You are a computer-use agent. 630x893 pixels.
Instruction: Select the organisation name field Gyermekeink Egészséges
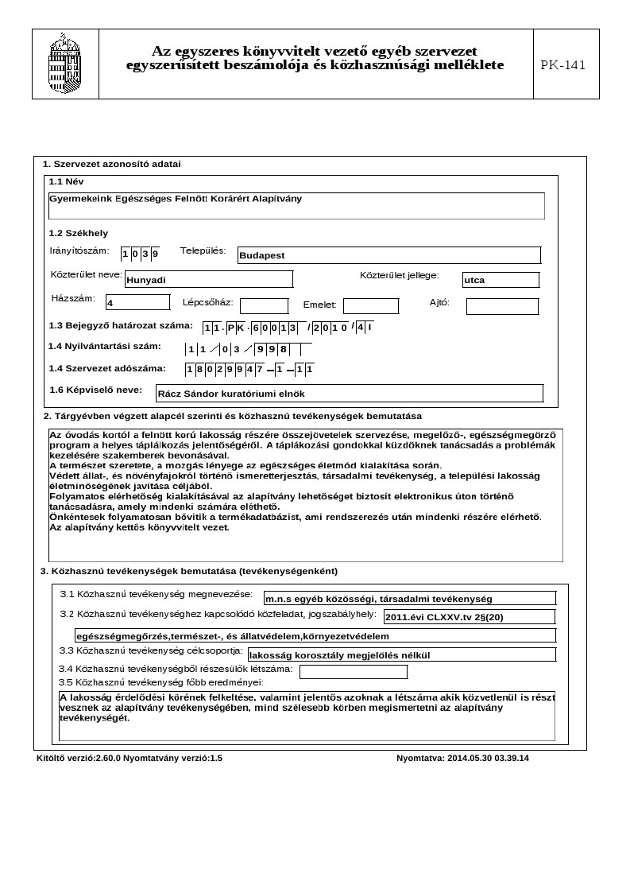click(x=296, y=205)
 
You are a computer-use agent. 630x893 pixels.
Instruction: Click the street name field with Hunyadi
click(x=208, y=279)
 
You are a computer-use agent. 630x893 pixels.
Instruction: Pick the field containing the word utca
click(x=501, y=280)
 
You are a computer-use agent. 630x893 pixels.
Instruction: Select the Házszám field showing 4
click(x=137, y=302)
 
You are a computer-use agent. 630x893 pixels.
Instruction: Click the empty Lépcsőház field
click(x=264, y=306)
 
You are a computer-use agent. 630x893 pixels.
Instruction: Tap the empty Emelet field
click(x=370, y=306)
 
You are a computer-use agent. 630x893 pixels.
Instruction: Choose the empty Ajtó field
click(x=501, y=306)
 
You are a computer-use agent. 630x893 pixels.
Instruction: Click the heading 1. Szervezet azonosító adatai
click(x=111, y=164)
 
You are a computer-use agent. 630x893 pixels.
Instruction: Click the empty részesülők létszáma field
click(x=351, y=672)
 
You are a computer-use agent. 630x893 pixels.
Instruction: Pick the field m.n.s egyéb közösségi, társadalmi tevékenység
click(x=409, y=598)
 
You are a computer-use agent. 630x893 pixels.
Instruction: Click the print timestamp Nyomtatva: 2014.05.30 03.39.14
click(x=462, y=758)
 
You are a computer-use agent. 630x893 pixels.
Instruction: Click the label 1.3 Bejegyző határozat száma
click(x=121, y=325)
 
